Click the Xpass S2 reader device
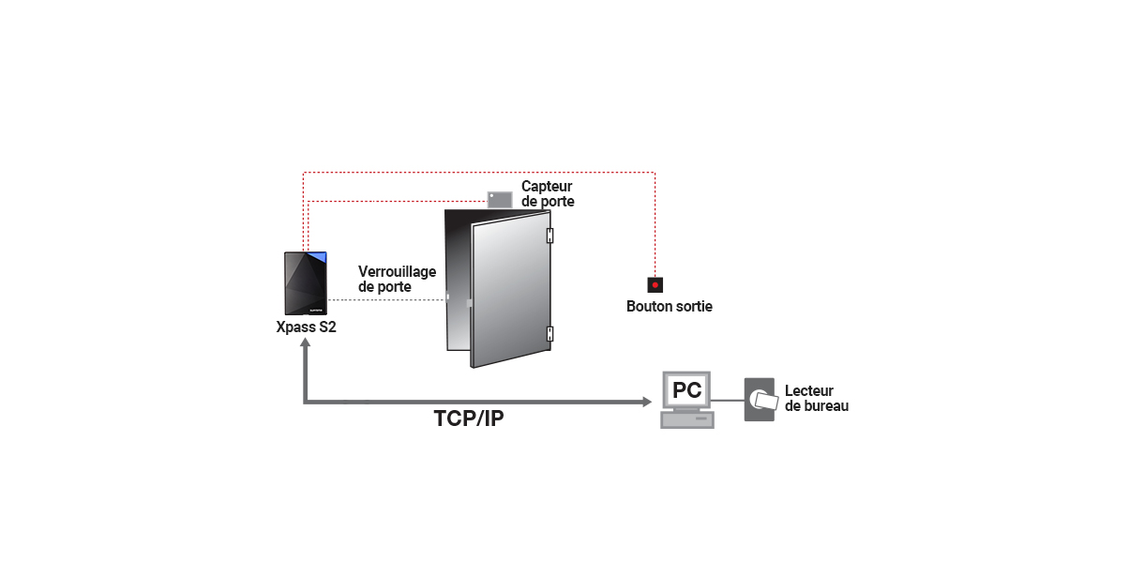[x=306, y=283]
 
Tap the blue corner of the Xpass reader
[x=319, y=257]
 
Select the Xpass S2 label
[x=306, y=327]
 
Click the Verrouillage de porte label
[x=398, y=279]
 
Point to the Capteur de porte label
[x=548, y=193]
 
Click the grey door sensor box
[x=500, y=199]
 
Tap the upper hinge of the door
[x=549, y=236]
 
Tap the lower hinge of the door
[x=549, y=333]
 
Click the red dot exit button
[x=655, y=285]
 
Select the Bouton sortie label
[x=670, y=306]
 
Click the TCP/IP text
[x=469, y=418]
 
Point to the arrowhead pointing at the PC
[x=647, y=402]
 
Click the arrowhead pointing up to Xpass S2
[x=305, y=342]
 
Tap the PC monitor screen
[x=686, y=390]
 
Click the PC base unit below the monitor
[x=687, y=420]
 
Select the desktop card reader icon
[x=760, y=400]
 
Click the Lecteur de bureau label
[x=817, y=398]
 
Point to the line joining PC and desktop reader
[x=728, y=401]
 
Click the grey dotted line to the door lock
[x=386, y=300]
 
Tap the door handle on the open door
[x=469, y=303]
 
